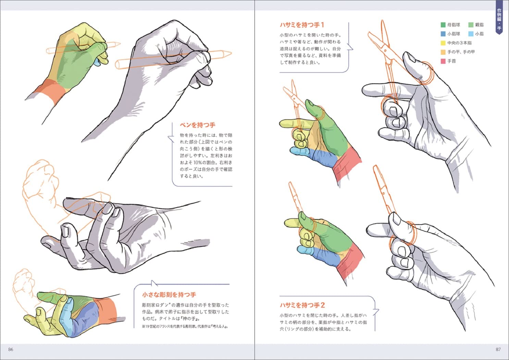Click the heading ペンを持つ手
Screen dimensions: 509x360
(197, 125)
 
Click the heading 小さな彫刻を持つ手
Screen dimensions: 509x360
(169, 295)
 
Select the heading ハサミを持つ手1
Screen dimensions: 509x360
(302, 25)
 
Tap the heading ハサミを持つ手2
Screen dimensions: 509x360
(302, 305)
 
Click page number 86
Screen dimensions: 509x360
(11, 349)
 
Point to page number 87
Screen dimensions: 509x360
(498, 349)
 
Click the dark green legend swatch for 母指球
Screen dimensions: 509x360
(443, 25)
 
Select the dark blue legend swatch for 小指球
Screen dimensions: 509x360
(443, 34)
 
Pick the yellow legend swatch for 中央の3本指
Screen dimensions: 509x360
(443, 43)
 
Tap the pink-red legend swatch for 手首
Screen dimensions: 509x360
(443, 61)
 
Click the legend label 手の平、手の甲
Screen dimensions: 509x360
(461, 52)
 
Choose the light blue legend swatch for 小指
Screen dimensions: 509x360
(471, 34)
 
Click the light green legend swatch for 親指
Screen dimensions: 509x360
(471, 25)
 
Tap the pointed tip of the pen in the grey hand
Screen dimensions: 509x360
(231, 54)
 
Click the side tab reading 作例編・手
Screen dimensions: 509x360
(499, 19)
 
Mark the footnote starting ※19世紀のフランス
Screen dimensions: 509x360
(185, 326)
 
